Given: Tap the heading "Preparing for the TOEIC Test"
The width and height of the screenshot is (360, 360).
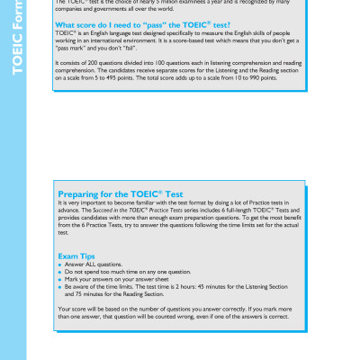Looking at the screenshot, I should point(121,193).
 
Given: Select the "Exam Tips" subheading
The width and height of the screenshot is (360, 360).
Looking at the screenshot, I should point(78,256).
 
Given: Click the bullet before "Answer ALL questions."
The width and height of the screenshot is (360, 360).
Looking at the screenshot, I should point(59,265).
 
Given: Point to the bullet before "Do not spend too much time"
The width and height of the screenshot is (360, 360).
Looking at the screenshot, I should point(59,272).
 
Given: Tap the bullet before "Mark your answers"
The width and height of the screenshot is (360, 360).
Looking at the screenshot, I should point(59,279).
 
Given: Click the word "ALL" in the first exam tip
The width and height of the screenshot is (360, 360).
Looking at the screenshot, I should point(88,265).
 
